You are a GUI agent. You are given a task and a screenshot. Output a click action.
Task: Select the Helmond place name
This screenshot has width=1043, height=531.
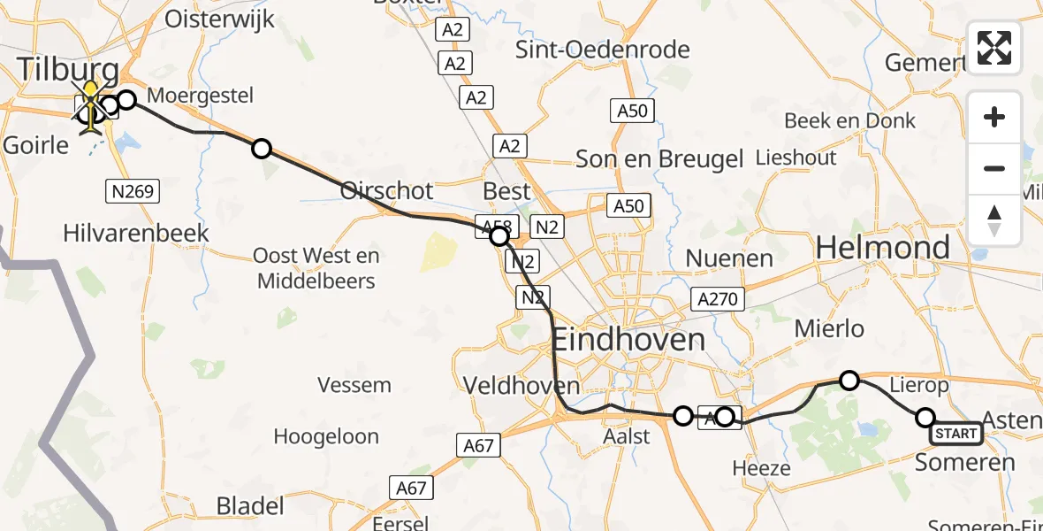pyautogui.click(x=882, y=247)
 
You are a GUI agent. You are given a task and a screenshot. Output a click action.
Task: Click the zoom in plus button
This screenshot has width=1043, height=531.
pyautogui.click(x=994, y=118)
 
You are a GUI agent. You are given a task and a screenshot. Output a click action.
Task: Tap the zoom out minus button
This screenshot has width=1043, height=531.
pyautogui.click(x=994, y=168)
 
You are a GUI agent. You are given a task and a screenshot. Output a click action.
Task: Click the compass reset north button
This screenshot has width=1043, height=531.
pyautogui.click(x=994, y=219)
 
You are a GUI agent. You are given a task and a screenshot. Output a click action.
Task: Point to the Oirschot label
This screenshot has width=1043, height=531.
pyautogui.click(x=387, y=191)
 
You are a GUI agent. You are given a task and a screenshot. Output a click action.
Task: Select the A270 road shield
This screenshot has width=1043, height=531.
pyautogui.click(x=716, y=299)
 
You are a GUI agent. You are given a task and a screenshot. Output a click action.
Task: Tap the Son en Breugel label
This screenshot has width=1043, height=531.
pyautogui.click(x=659, y=159)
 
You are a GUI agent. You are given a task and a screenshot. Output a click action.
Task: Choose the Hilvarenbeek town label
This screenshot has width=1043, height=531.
pyautogui.click(x=136, y=233)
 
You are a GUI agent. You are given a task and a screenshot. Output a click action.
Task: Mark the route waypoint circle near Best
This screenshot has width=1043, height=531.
pyautogui.click(x=499, y=236)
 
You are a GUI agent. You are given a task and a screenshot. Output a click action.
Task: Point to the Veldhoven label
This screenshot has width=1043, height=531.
pyautogui.click(x=522, y=386)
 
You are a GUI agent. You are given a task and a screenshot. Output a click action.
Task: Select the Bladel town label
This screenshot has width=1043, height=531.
pyautogui.click(x=251, y=506)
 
